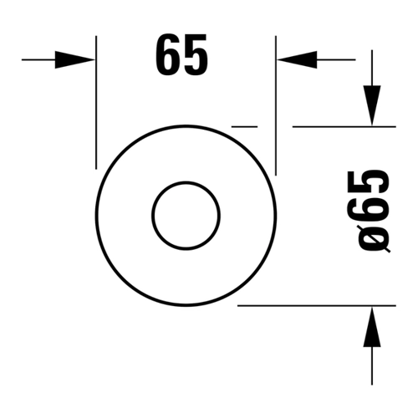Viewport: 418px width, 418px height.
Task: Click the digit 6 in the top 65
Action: coord(167,54)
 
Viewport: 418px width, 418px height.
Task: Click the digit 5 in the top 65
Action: coord(196,54)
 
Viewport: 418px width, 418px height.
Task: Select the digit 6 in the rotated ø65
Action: coord(368,208)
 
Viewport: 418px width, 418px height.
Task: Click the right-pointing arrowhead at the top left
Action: coord(74,59)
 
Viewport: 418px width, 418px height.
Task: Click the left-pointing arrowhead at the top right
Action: coord(297,59)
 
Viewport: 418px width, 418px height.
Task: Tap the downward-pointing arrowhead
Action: coord(372,105)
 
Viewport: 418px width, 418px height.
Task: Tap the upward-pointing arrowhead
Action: coord(372,327)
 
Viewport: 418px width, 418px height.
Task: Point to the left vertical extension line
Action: coord(96,102)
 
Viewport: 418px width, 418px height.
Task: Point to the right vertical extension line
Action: coord(276,105)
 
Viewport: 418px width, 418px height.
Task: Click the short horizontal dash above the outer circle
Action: coord(244,126)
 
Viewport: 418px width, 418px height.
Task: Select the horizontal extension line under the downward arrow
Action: coord(344,126)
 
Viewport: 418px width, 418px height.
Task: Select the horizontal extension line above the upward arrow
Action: coord(317,306)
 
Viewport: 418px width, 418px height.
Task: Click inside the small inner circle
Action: coord(186,216)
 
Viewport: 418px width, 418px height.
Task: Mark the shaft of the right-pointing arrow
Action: coord(38,59)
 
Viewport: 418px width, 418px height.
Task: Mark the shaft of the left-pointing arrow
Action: coord(336,59)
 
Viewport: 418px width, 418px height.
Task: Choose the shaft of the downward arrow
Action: coord(372,68)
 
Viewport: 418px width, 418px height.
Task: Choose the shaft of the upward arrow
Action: coord(372,366)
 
